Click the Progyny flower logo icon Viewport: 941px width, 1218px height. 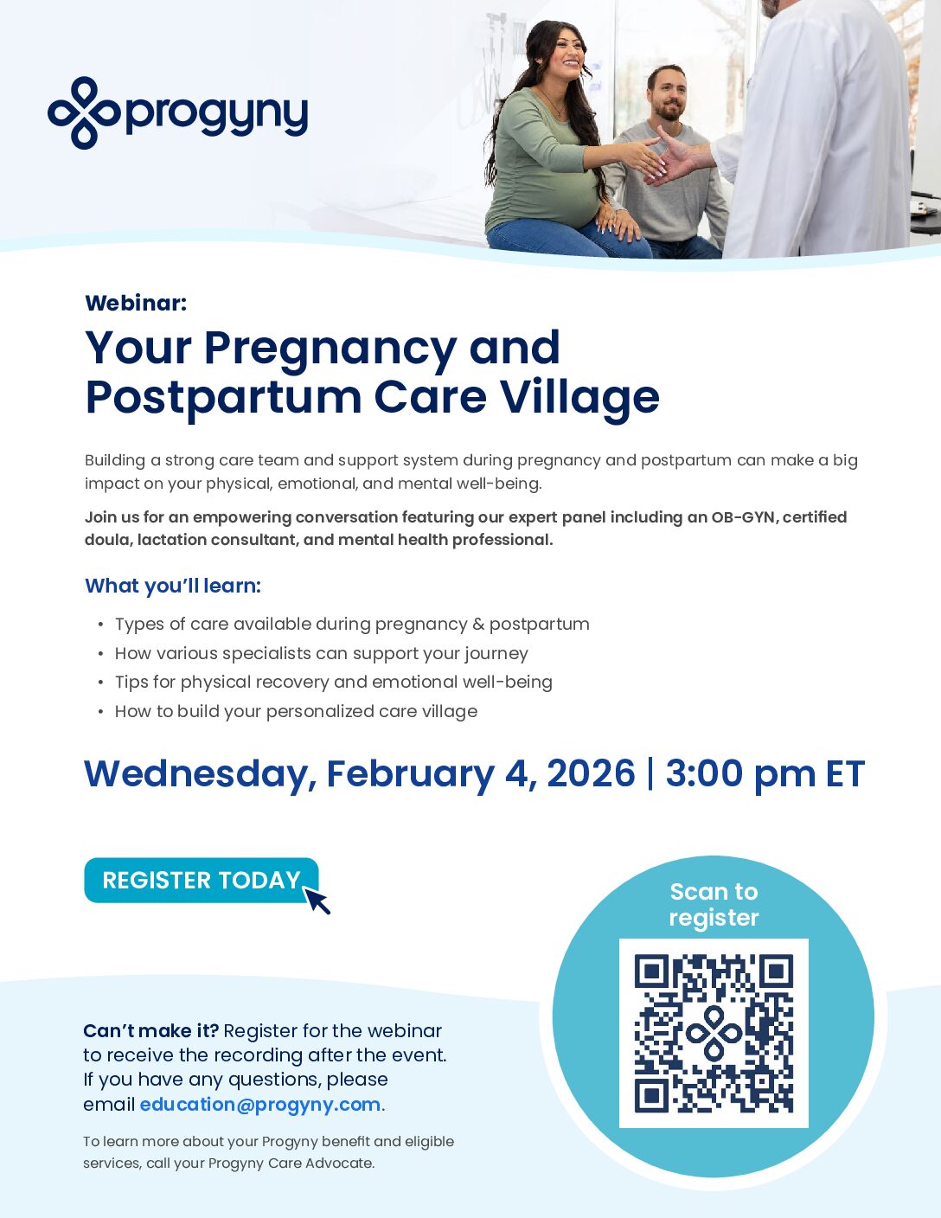click(x=83, y=112)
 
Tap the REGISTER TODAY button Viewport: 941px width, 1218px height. click(x=200, y=880)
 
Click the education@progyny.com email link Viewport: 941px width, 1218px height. click(x=259, y=1105)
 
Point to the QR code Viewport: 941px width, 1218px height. click(x=714, y=1033)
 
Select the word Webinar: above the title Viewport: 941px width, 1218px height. click(x=136, y=303)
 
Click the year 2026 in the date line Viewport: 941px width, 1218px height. click(x=591, y=773)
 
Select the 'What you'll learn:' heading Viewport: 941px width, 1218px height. click(x=173, y=586)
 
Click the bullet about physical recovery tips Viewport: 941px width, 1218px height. click(x=333, y=682)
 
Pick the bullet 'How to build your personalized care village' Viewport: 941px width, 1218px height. click(x=296, y=711)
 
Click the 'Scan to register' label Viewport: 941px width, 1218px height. click(x=714, y=904)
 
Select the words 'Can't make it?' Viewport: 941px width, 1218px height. click(x=150, y=1030)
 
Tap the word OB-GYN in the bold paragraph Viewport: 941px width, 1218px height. click(x=744, y=517)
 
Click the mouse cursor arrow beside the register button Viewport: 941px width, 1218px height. click(x=317, y=901)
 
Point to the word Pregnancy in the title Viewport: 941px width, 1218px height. click(x=330, y=349)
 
